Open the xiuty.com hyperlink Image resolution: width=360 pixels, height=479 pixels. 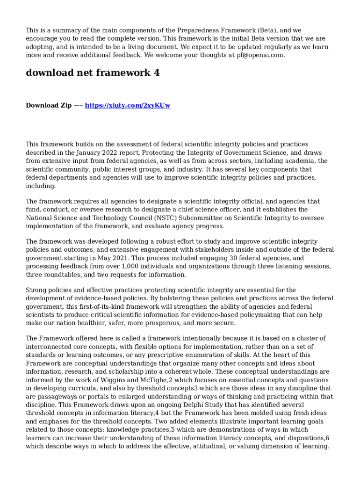(127, 106)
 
